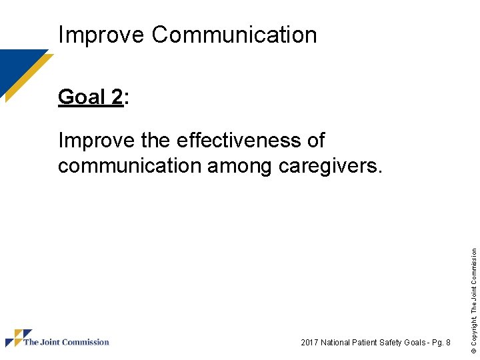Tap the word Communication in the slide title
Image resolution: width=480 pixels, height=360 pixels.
click(234, 35)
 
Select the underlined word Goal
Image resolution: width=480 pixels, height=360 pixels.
click(80, 97)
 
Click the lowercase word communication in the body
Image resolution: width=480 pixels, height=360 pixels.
click(129, 165)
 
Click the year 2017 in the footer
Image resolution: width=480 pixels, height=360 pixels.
click(310, 343)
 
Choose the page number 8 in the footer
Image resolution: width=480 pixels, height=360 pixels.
click(448, 343)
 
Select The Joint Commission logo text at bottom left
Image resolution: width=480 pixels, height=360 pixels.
click(66, 342)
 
